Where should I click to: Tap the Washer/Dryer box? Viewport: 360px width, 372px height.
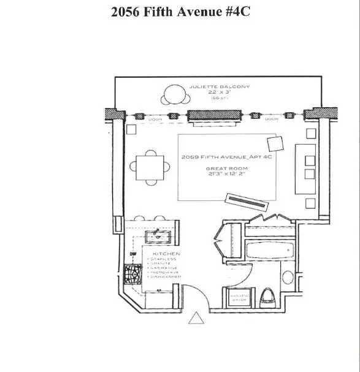click(240, 297)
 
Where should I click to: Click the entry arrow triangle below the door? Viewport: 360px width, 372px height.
click(196, 319)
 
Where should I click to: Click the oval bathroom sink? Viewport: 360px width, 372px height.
click(287, 276)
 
